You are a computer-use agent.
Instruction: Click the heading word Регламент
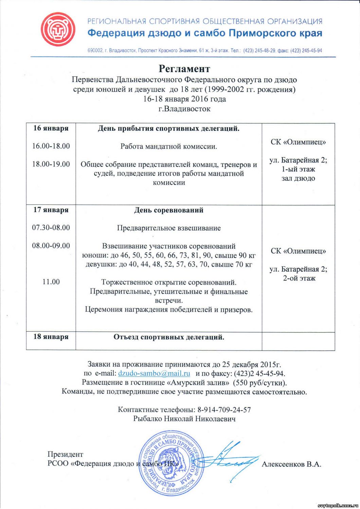point(184,69)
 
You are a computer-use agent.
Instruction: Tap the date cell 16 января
point(51,128)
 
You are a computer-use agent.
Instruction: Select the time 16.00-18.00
point(51,146)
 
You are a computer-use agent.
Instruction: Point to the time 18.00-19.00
point(51,164)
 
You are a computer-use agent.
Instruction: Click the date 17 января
point(51,210)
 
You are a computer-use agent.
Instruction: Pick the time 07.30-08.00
point(51,228)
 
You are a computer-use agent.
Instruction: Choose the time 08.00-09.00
point(51,246)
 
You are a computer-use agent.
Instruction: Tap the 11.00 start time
point(51,282)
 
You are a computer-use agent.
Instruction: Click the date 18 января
point(51,337)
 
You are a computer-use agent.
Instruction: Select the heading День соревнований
point(169,210)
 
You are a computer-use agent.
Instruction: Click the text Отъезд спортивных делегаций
point(169,337)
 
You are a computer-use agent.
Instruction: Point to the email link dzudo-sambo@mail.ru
point(154,374)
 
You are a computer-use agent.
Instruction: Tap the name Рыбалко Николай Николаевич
point(184,419)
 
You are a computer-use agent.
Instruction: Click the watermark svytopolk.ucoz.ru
point(338,506)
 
